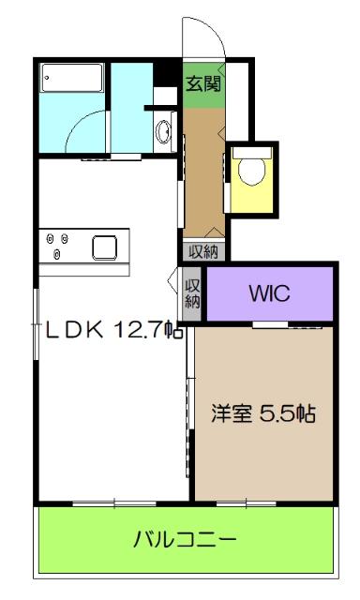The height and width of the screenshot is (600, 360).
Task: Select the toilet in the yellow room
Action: pos(251,170)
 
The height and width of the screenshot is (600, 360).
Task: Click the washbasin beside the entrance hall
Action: pos(164,130)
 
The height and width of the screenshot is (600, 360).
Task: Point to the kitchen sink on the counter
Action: pos(104,247)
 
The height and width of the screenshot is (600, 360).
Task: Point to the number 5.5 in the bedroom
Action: pos(279,414)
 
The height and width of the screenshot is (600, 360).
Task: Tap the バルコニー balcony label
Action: pos(185,540)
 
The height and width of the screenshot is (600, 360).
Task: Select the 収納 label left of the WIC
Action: pos(192,293)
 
